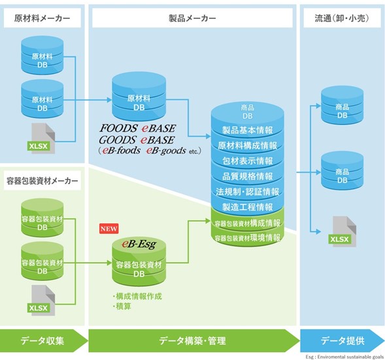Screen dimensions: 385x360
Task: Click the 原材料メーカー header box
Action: [42, 18]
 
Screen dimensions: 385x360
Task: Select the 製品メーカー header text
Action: [192, 18]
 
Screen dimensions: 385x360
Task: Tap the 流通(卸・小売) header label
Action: [342, 18]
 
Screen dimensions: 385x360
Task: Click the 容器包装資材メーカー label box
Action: [42, 180]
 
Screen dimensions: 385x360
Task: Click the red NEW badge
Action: [109, 229]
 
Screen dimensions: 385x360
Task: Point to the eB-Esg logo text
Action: [139, 244]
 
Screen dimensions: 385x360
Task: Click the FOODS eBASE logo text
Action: [137, 128]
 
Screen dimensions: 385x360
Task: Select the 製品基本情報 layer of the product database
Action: [248, 130]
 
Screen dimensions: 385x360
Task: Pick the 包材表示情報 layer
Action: [248, 161]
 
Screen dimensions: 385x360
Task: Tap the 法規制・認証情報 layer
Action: [248, 191]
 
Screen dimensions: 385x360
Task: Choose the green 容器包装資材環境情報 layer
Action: [248, 238]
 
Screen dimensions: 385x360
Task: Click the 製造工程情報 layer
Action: [248, 207]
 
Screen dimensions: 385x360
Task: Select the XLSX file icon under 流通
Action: [343, 231]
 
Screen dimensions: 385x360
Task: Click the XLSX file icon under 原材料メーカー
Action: [41, 139]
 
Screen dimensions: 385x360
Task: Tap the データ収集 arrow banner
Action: [44, 340]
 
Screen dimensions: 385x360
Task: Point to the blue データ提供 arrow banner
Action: [343, 340]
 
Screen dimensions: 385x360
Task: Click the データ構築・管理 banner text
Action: [192, 340]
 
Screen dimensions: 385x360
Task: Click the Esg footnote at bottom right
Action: [344, 357]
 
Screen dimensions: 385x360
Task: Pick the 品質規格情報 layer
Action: [248, 176]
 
